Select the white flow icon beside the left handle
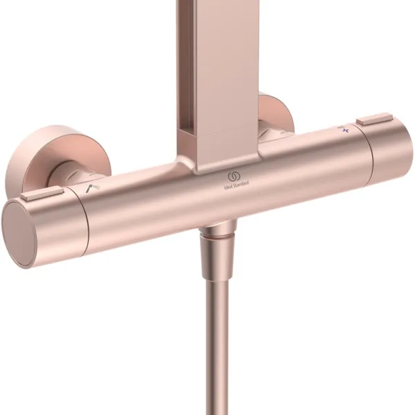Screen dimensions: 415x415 pos(90,188)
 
